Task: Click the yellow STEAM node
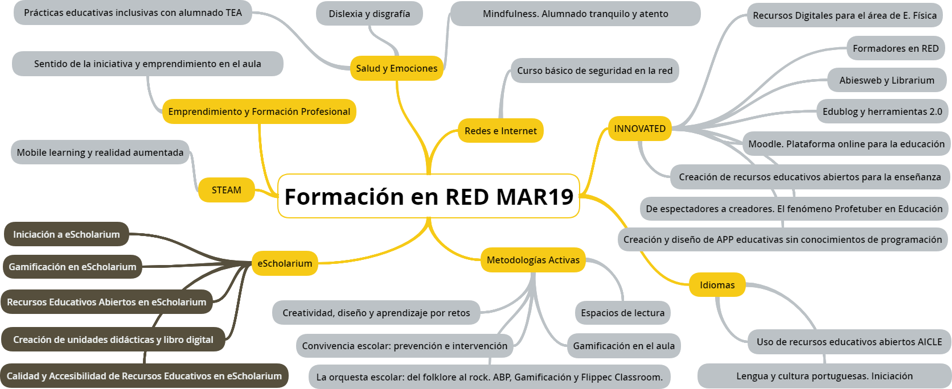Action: (x=227, y=190)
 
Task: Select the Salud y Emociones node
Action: (x=396, y=68)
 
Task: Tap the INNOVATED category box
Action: (x=639, y=129)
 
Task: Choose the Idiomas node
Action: (x=717, y=285)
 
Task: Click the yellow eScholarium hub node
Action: (x=285, y=263)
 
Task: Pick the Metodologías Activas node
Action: (x=533, y=260)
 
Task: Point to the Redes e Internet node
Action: (x=500, y=131)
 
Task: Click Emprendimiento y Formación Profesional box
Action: (x=259, y=111)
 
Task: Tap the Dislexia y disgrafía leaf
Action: (x=369, y=14)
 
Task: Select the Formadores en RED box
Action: (x=895, y=48)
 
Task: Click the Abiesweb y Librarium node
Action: (x=887, y=80)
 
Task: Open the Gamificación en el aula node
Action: (x=623, y=346)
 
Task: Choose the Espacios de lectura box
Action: (x=622, y=313)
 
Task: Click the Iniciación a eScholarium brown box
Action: (x=67, y=234)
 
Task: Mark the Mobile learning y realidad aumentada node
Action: (x=100, y=152)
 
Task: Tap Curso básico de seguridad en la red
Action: (x=594, y=71)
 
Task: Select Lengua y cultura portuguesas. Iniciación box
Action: (x=824, y=376)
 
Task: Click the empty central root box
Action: (x=428, y=196)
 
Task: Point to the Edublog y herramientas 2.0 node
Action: (x=882, y=111)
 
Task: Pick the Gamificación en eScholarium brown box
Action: (x=72, y=267)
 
